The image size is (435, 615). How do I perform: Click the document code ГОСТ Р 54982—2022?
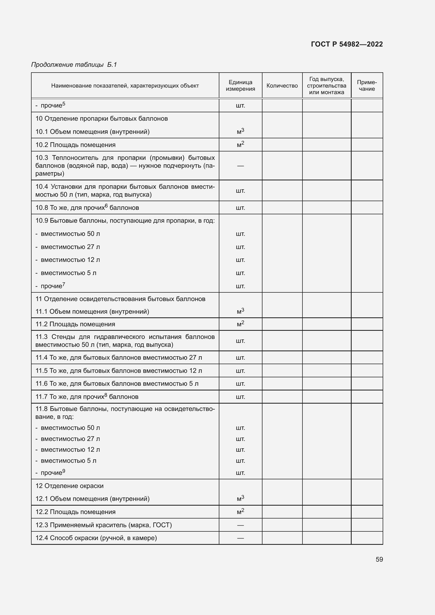point(347,44)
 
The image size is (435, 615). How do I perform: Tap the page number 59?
point(379,559)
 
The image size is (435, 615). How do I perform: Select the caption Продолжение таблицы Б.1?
point(74,65)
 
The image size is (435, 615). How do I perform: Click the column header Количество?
point(282,86)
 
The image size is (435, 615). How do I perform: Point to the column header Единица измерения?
point(240,86)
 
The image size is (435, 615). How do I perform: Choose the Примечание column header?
point(367,86)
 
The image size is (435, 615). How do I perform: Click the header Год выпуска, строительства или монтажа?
point(327,86)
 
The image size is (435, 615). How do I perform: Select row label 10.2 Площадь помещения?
point(75,145)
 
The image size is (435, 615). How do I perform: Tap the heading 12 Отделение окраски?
point(69,486)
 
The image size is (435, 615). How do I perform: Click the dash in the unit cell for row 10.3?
point(240,166)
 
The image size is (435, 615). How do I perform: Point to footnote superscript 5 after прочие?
point(64,103)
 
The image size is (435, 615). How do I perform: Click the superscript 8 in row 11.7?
point(105,395)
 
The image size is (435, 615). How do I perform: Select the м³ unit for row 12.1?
point(240,499)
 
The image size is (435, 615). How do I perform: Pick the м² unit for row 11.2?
point(240,324)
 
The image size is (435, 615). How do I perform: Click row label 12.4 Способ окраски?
point(96,538)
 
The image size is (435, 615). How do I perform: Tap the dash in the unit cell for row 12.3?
point(240,525)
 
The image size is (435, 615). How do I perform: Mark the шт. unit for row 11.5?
point(240,371)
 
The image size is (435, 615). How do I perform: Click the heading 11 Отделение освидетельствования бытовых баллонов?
point(120,299)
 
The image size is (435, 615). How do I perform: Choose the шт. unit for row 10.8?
point(240,208)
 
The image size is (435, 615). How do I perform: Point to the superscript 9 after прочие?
point(64,471)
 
